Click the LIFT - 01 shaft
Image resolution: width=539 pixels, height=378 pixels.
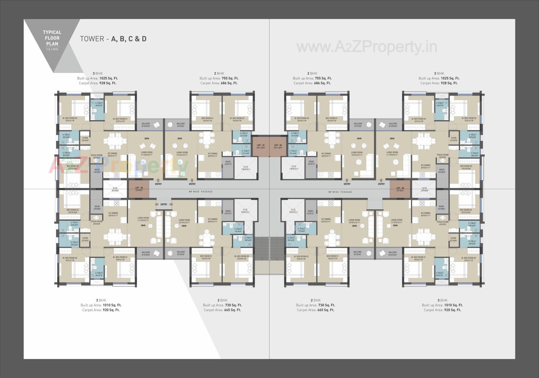tap(261, 146)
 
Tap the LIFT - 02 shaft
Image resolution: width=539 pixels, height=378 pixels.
tap(278, 146)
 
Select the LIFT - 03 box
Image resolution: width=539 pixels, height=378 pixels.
tap(139, 189)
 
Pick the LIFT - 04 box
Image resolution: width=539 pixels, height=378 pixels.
tap(400, 189)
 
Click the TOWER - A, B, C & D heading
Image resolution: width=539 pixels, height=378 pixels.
tap(113, 39)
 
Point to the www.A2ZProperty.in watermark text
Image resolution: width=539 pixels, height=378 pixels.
tap(367, 47)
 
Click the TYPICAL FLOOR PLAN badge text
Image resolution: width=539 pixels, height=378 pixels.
tap(52, 38)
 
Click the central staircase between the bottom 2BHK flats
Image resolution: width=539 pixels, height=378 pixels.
tap(269, 249)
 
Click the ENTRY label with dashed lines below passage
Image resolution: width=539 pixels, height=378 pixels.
tap(164, 204)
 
